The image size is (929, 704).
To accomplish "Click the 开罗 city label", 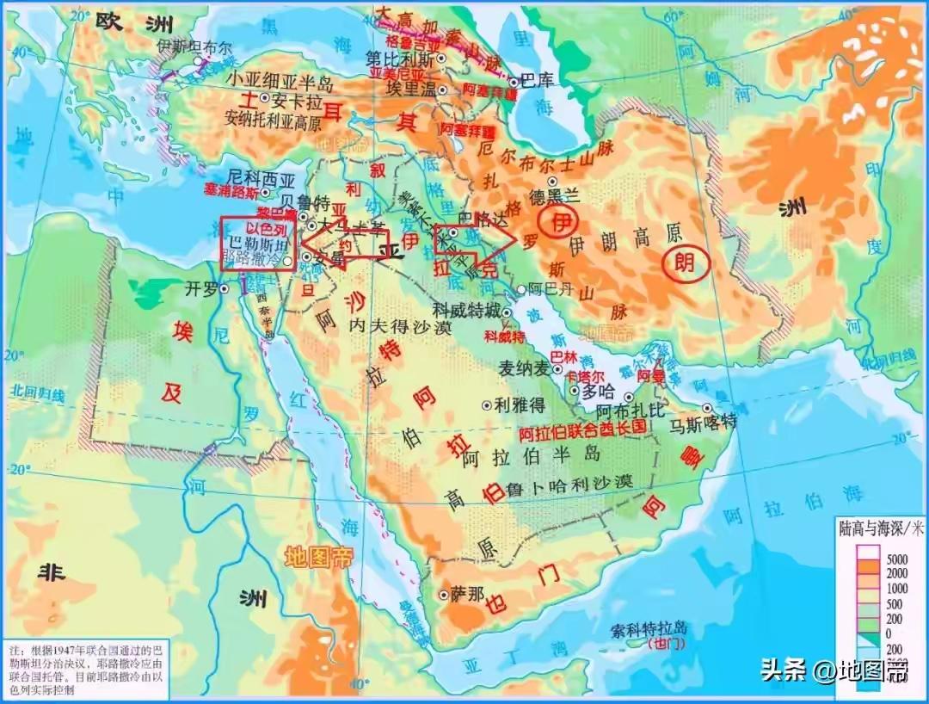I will (199, 290).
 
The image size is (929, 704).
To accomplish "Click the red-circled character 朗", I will (686, 263).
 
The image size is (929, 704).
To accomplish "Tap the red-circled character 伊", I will (562, 223).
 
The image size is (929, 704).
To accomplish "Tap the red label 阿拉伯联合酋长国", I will (582, 427).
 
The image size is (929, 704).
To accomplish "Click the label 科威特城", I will (466, 311).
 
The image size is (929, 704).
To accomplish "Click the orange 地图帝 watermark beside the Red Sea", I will (318, 558).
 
